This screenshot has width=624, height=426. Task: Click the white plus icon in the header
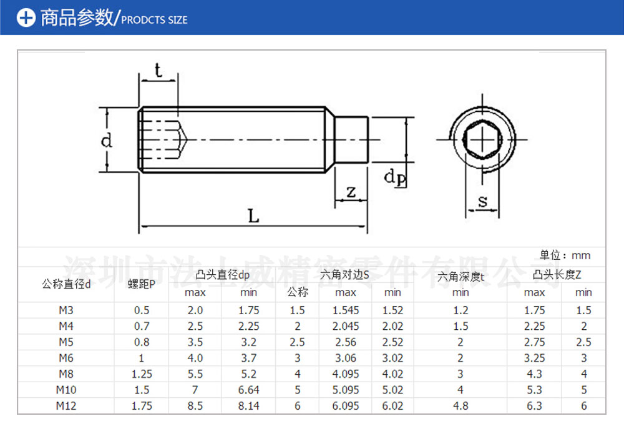coord(26,17)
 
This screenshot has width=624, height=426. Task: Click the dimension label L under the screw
coord(253,216)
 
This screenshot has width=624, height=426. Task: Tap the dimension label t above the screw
coord(158,71)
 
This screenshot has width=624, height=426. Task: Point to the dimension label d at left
coord(107,140)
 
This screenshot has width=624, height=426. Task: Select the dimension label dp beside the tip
coord(394,177)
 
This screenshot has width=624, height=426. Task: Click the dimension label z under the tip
coord(351,192)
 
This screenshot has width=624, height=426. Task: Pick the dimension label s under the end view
coord(482,201)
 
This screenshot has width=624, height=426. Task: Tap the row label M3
coord(66,310)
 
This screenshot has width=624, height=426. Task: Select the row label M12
coord(66,406)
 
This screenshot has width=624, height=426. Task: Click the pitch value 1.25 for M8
coord(142,374)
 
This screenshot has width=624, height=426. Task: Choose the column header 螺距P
coord(142,284)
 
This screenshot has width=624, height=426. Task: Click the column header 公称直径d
coord(66,284)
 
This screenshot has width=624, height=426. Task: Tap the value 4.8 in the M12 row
coord(461,406)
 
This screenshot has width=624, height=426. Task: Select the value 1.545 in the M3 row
coord(345,310)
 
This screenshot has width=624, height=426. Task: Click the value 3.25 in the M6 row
coord(534,358)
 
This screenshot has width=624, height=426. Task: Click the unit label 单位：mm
coord(565,255)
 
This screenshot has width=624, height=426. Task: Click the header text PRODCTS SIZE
coord(154,20)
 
